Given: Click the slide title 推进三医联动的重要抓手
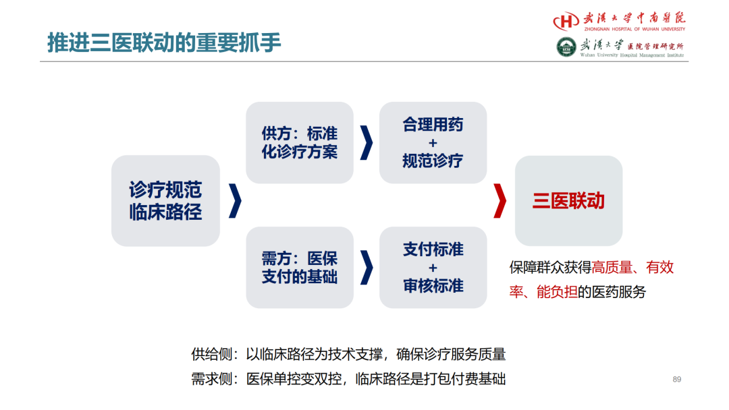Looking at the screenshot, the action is tap(164, 42).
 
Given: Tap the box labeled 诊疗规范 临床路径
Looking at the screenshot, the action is tap(165, 200).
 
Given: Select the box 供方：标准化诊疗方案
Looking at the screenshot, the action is tap(300, 142).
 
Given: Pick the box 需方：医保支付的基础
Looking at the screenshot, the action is tap(300, 268).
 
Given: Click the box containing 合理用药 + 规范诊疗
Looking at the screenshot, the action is tap(433, 142).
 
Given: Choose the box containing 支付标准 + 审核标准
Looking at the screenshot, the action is tap(433, 268).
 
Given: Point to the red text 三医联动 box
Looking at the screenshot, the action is tap(568, 200).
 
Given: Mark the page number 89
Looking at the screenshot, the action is tap(677, 380).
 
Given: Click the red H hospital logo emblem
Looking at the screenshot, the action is tap(566, 21).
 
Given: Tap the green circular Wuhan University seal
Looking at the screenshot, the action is tap(566, 47).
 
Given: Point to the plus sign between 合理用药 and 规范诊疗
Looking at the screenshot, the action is tap(433, 143).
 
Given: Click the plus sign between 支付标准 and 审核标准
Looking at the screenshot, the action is tap(433, 268).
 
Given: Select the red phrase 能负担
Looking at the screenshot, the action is tap(557, 292).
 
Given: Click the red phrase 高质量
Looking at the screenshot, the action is tap(612, 268).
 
